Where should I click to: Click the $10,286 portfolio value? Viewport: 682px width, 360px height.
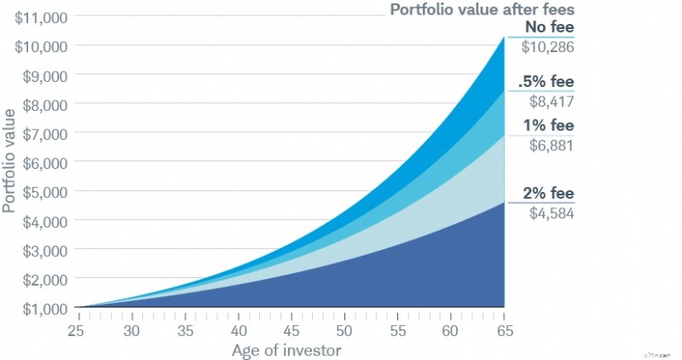click(x=547, y=47)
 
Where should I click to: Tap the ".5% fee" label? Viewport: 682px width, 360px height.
click(x=546, y=83)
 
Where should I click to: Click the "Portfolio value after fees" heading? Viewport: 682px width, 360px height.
click(x=482, y=10)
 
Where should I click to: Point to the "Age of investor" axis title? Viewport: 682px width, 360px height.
click(x=290, y=350)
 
